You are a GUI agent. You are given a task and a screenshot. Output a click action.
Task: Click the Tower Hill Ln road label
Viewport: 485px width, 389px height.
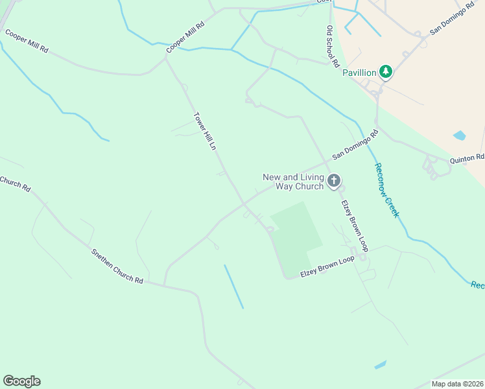[204, 132]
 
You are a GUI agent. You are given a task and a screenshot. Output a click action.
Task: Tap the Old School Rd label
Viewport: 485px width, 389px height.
[333, 47]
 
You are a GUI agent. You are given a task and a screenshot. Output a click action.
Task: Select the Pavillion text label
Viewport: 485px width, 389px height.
[359, 73]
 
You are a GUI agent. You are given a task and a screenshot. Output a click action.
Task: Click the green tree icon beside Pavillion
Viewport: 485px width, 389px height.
[386, 71]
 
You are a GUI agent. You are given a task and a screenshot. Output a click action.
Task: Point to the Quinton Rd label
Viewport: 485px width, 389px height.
[467, 158]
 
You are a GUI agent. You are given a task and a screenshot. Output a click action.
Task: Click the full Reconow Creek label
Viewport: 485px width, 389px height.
[386, 190]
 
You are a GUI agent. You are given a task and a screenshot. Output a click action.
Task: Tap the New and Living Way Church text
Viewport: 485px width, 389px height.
[292, 182]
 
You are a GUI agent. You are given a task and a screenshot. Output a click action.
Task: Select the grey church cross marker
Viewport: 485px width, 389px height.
[334, 181]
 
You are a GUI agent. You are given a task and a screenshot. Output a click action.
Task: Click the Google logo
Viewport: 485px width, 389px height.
[21, 381]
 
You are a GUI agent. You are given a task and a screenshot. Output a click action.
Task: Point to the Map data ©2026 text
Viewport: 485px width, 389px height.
[458, 384]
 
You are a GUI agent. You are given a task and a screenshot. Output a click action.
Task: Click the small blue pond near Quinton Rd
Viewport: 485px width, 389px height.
[459, 136]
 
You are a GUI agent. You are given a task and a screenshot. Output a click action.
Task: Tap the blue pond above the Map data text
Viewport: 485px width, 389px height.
[381, 364]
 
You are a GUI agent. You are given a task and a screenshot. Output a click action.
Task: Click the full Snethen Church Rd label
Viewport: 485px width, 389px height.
[117, 266]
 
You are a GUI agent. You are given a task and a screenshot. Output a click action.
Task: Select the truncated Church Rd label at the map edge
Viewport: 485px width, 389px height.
[15, 184]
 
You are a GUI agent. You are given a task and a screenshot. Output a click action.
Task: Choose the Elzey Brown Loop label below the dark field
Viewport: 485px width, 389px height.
[327, 267]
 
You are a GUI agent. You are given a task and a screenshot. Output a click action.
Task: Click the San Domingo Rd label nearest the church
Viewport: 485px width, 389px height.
[355, 146]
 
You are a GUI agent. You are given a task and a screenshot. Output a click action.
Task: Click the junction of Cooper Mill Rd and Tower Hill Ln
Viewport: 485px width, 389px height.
[166, 56]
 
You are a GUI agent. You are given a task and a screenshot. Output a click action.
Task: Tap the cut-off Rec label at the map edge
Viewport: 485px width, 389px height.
[477, 285]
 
